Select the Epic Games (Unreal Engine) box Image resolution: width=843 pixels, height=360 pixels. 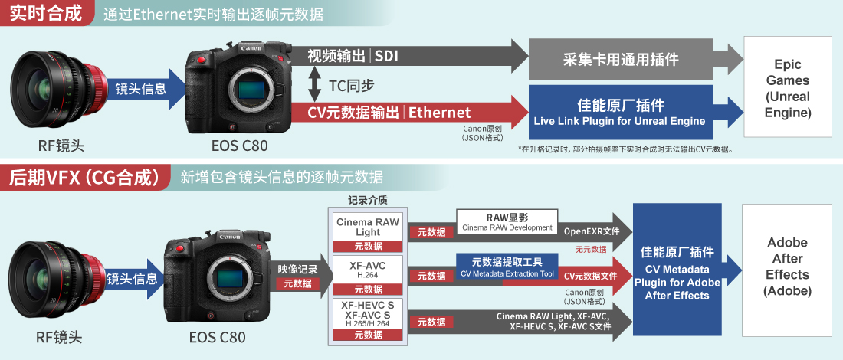pyautogui.click(x=788, y=87)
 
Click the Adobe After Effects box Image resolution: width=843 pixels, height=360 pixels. pyautogui.click(x=788, y=267)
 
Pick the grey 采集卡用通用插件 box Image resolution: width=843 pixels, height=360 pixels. pyautogui.click(x=621, y=59)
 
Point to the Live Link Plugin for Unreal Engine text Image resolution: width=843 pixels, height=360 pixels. pyautogui.click(x=619, y=121)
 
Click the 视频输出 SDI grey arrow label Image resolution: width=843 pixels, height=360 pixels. pyautogui.click(x=353, y=55)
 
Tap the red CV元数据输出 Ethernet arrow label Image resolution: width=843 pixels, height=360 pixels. pyautogui.click(x=389, y=113)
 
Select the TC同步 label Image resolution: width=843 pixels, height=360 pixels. pyautogui.click(x=352, y=84)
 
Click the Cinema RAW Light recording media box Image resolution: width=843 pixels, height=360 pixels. pyautogui.click(x=368, y=232)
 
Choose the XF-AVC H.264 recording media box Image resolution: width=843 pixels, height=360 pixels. pyautogui.click(x=368, y=274)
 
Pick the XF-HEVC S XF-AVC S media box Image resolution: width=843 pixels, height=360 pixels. pyautogui.click(x=368, y=319)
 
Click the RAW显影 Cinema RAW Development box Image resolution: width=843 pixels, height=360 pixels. pyautogui.click(x=507, y=222)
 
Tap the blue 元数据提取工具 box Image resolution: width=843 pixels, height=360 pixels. pyautogui.click(x=507, y=267)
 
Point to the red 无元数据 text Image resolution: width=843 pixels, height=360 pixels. pyautogui.click(x=591, y=249)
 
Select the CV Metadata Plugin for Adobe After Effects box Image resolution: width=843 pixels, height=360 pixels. pyautogui.click(x=677, y=270)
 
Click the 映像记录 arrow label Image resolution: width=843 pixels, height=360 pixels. pyautogui.click(x=297, y=269)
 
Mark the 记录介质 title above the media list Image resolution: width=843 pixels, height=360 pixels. pyautogui.click(x=368, y=201)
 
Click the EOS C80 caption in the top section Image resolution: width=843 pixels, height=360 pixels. pyautogui.click(x=239, y=145)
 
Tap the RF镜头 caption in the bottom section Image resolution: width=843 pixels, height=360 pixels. pyautogui.click(x=59, y=337)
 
